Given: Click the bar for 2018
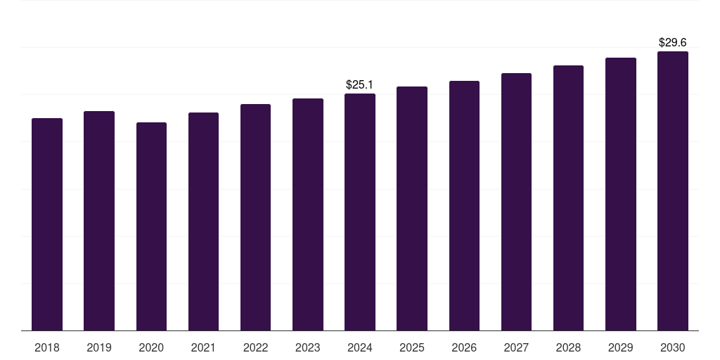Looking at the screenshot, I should (x=47, y=224).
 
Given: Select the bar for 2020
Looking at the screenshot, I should (x=151, y=226).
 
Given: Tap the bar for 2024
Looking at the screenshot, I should (x=360, y=212).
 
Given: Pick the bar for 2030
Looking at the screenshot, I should (x=673, y=191).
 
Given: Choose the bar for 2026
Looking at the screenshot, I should (x=464, y=205).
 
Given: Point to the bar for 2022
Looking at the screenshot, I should (x=255, y=217).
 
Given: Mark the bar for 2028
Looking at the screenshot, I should (x=568, y=198).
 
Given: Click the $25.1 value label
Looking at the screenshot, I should (x=360, y=85).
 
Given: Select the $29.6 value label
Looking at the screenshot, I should (x=673, y=43).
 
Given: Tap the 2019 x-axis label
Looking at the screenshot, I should (x=99, y=347).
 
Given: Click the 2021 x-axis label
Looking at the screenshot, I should (x=203, y=347).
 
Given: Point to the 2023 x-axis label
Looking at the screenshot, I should (x=308, y=347).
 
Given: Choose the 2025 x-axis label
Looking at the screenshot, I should (x=412, y=347).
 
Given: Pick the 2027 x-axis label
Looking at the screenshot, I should (x=516, y=347).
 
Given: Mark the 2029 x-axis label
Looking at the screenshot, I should (x=621, y=347).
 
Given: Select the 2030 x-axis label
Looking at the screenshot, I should (x=673, y=347).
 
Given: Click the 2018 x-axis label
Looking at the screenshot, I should (x=47, y=347).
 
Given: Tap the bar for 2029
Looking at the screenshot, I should (x=621, y=194).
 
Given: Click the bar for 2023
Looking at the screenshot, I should (x=308, y=214).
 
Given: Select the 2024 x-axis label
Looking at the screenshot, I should (x=360, y=347).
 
